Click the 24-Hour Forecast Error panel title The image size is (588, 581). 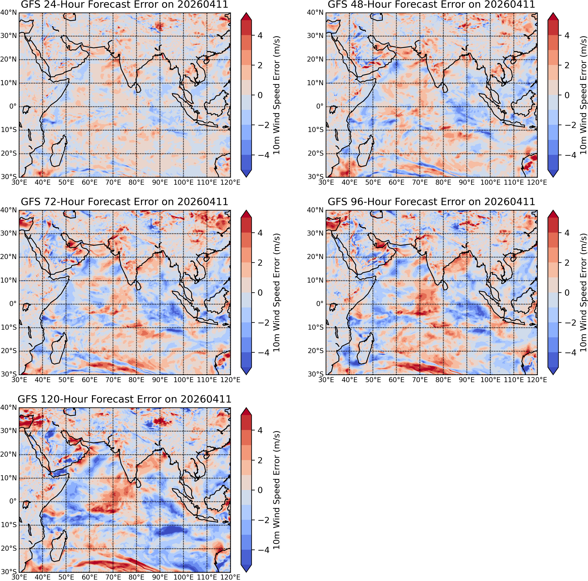(x=124, y=5)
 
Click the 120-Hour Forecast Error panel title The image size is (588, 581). (x=124, y=399)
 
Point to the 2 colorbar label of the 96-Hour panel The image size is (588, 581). (x=566, y=263)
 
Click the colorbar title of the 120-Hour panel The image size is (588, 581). (x=276, y=490)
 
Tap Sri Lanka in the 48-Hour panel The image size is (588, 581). (x=445, y=88)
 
